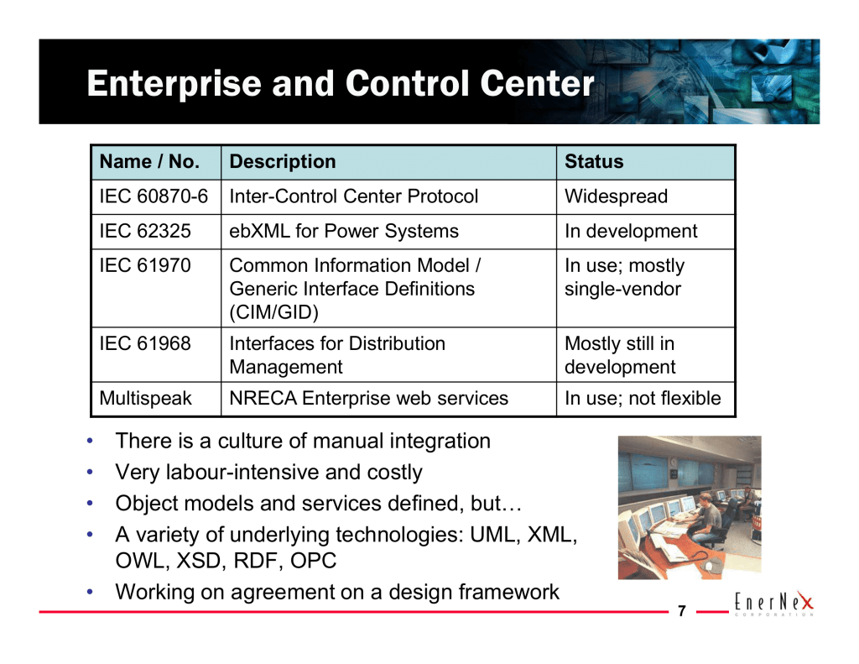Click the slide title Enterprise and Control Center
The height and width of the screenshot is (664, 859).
point(341,83)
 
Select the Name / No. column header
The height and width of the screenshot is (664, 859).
point(149,162)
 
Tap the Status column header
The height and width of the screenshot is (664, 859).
point(594,162)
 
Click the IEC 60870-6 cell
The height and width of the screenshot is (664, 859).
point(154,196)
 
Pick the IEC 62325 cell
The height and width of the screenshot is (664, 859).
point(145,231)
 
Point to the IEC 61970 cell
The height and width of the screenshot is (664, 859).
point(145,265)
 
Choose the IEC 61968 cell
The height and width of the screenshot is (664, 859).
point(145,343)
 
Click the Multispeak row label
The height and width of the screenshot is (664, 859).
point(146,399)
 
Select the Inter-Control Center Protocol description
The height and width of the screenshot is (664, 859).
point(354,196)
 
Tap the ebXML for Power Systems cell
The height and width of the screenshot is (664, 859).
point(344,231)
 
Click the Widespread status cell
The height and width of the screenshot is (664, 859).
point(617,196)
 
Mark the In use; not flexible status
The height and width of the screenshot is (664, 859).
point(643,398)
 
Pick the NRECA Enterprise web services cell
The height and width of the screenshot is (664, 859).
point(369,398)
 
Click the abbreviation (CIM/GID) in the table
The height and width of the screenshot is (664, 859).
point(274,312)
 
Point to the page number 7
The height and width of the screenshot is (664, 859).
point(682,611)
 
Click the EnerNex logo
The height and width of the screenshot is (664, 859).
point(774,603)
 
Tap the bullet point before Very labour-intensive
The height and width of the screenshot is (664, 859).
point(90,472)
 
